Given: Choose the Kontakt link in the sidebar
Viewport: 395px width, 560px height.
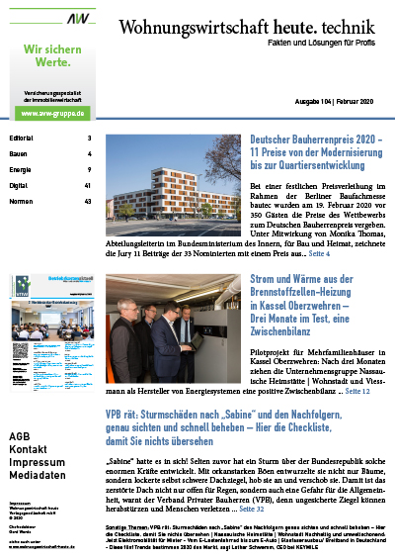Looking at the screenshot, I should (x=28, y=450).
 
